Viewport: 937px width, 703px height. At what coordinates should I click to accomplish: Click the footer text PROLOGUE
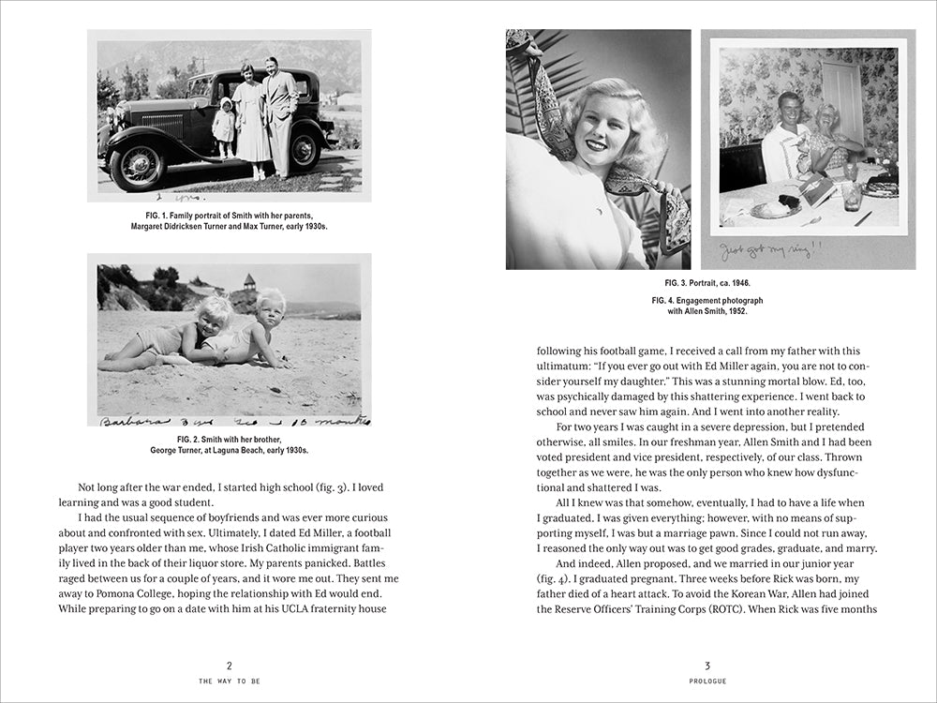(x=707, y=681)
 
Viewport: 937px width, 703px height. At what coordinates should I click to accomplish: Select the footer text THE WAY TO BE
(x=229, y=681)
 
